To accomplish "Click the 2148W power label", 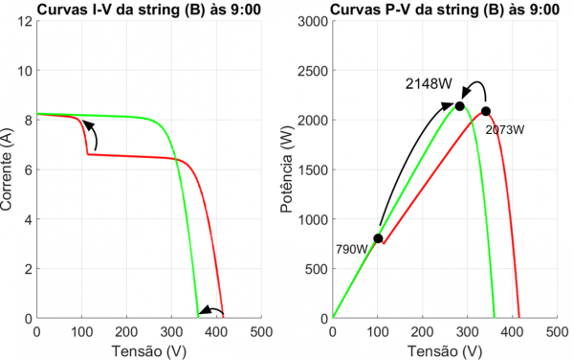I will click(428, 84).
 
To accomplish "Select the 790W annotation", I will click(351, 249).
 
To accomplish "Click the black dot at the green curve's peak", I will click(460, 105).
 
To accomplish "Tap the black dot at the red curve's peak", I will click(486, 111).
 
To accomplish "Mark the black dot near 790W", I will click(378, 238).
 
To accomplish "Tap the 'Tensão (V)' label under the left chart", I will click(148, 350).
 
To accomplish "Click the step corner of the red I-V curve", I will click(88, 153).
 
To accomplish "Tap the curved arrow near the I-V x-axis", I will click(212, 309).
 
